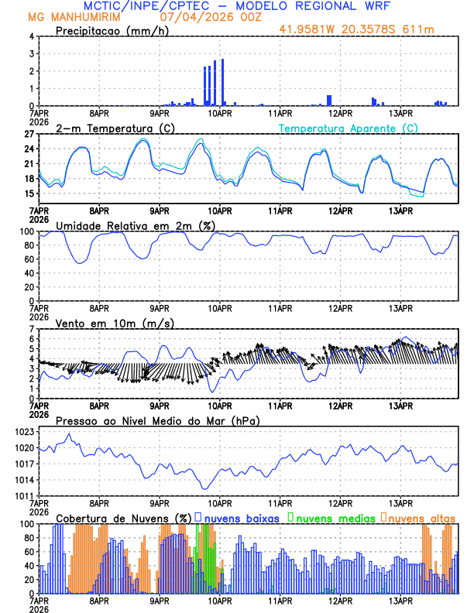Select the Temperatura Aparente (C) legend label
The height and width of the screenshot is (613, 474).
click(349, 128)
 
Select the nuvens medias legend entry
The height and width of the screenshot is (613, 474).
click(333, 518)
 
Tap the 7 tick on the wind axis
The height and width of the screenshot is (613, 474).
click(32, 329)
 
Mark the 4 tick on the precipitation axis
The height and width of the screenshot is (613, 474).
click(32, 36)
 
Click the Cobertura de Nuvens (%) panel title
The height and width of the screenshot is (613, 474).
click(124, 518)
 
